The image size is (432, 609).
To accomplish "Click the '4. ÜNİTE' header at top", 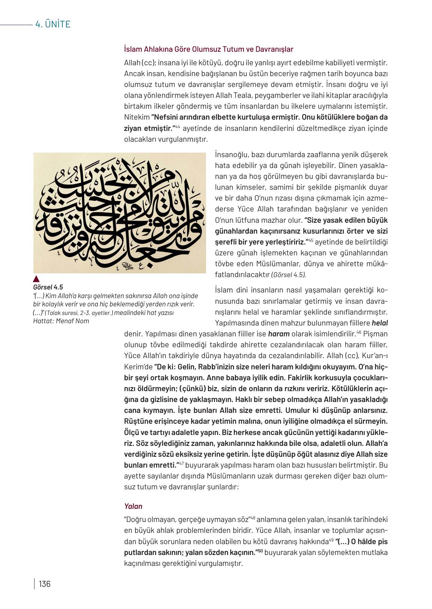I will pyautogui.click(x=53, y=24).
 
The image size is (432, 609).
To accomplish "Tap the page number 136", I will pyautogui.click(x=44, y=584).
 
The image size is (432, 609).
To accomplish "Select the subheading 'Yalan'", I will pyautogui.click(x=133, y=506).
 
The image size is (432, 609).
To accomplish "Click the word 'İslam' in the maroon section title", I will pyautogui.click(x=132, y=49).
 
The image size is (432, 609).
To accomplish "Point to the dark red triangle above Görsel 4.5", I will pyautogui.click(x=36, y=279).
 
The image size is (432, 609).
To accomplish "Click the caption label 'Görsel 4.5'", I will pyautogui.click(x=48, y=287).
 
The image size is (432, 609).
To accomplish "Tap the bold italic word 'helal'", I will pyautogui.click(x=379, y=323).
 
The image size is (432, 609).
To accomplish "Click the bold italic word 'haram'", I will pyautogui.click(x=278, y=334).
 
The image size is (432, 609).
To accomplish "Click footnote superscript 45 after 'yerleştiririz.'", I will pyautogui.click(x=311, y=240).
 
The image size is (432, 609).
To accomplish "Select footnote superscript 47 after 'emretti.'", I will pyautogui.click(x=181, y=464).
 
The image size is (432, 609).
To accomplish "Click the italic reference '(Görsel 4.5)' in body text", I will pyautogui.click(x=288, y=275).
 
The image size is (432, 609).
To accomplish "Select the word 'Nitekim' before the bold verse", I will pyautogui.click(x=137, y=117).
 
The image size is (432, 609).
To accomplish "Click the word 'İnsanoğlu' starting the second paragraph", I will pyautogui.click(x=231, y=154).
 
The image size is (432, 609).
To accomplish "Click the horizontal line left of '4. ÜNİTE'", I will pyautogui.click(x=16, y=25).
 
